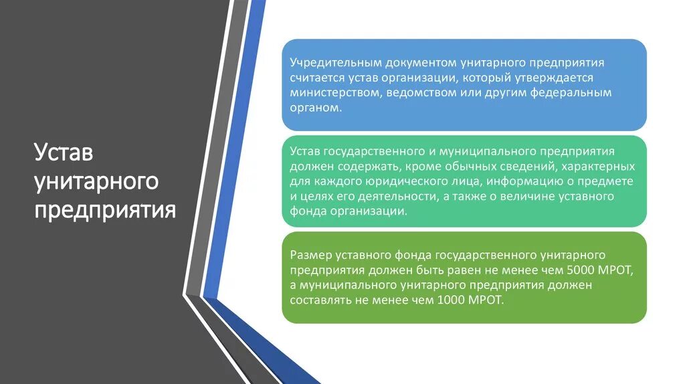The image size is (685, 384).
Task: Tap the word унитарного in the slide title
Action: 96,181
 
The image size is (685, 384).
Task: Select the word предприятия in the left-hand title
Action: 106,209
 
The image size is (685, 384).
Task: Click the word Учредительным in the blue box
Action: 327,63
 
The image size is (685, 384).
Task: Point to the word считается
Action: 316,78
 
